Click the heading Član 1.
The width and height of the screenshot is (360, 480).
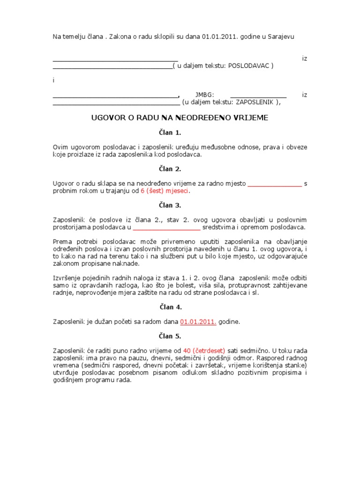180,133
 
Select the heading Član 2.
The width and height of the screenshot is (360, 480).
180,169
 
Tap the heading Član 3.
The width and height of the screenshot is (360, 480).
180,205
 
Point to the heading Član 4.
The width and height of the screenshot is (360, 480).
180,307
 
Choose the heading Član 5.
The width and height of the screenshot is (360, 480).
180,337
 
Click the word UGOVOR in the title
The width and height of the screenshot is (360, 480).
106,118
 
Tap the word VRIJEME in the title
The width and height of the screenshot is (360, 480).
251,118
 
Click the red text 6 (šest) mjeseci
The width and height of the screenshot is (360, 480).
166,191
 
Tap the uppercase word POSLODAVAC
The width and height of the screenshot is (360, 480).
248,66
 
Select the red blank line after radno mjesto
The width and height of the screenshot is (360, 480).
274,184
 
